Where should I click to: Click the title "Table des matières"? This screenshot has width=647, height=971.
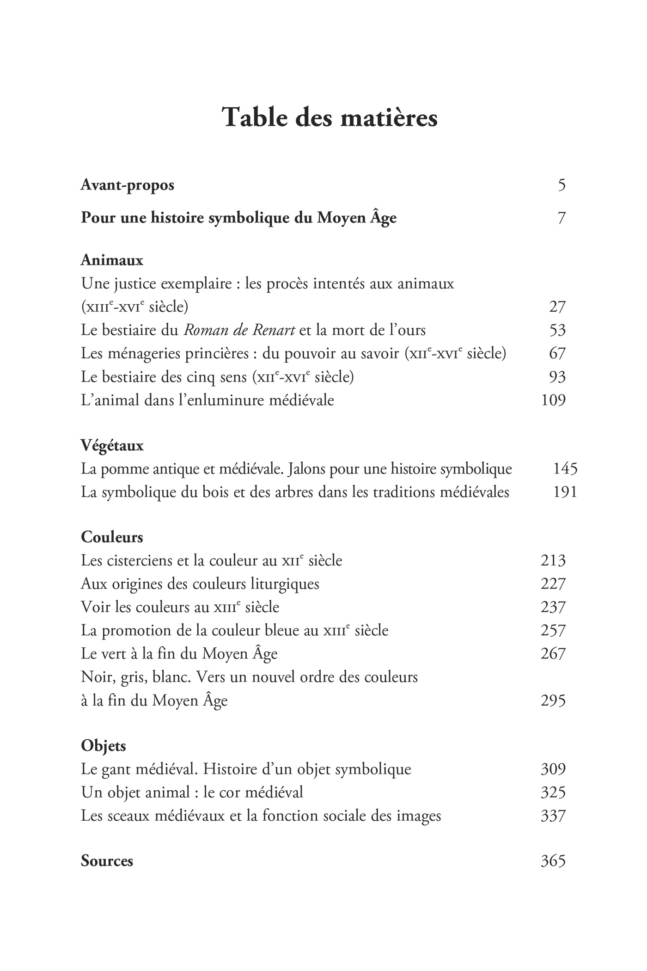(330, 117)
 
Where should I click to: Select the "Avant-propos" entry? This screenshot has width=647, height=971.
(127, 185)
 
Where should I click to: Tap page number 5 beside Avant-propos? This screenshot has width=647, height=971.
(562, 185)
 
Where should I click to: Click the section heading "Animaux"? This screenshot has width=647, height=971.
(112, 260)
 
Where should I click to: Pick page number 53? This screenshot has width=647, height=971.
(557, 330)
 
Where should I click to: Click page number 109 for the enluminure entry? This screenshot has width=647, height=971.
(553, 400)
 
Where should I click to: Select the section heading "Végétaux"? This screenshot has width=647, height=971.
(112, 446)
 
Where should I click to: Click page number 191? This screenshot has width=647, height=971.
(565, 492)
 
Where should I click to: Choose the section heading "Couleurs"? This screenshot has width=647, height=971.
(112, 537)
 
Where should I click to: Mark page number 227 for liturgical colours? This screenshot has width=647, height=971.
(553, 584)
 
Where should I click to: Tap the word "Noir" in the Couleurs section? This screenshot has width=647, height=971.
(94, 677)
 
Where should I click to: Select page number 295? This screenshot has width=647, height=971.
(553, 701)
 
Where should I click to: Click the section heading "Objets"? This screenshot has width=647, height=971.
(104, 746)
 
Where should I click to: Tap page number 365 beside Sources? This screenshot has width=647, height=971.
(553, 861)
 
